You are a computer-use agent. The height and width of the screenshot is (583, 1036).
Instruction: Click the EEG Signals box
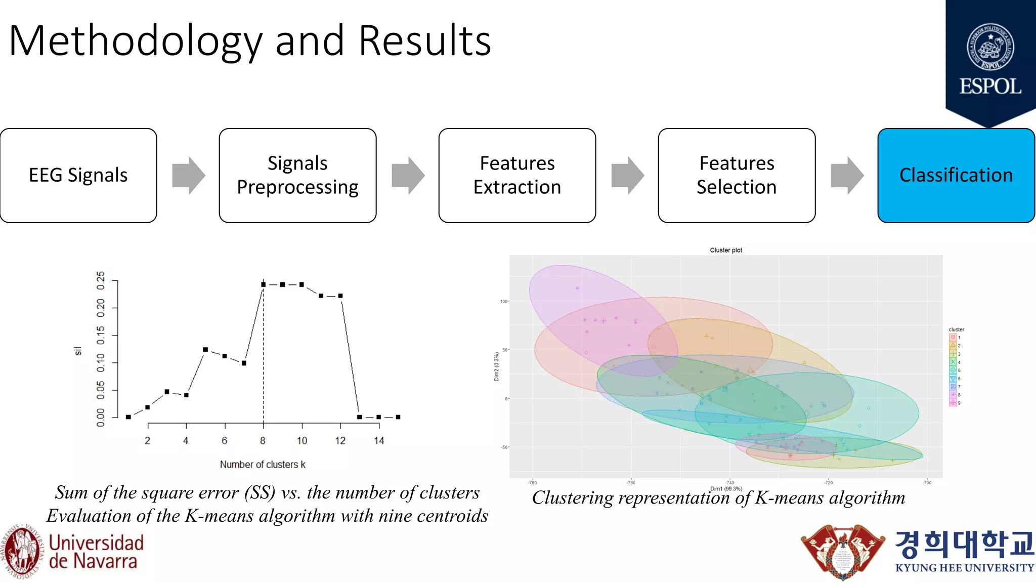(78, 175)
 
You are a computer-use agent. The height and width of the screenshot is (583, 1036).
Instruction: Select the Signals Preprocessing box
(297, 175)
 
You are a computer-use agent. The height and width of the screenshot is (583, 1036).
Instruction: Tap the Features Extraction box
(517, 175)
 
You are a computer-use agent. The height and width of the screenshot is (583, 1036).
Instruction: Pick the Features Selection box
(737, 175)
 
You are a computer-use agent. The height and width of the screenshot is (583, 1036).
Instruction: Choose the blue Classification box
(956, 175)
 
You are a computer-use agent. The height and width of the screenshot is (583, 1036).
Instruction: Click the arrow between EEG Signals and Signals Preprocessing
(188, 175)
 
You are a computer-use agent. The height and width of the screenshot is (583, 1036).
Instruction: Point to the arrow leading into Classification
(847, 175)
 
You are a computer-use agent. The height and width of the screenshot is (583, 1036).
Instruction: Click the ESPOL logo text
(990, 87)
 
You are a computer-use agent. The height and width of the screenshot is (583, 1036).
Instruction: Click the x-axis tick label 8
(263, 441)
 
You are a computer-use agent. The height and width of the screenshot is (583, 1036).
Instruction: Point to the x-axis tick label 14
(379, 441)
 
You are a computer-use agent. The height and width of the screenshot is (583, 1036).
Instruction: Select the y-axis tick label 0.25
(101, 280)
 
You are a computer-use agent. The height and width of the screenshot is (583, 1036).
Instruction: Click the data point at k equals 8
(263, 284)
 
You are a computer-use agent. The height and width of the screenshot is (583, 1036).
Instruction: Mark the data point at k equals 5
(205, 350)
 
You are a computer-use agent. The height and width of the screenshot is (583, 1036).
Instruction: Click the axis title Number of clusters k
(263, 465)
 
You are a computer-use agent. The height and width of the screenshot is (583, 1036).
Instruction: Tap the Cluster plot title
(726, 250)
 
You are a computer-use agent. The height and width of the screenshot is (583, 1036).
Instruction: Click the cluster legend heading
(956, 329)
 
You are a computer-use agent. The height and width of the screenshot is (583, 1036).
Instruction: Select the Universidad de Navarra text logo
(96, 552)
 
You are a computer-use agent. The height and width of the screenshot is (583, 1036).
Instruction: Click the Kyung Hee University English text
(965, 568)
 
